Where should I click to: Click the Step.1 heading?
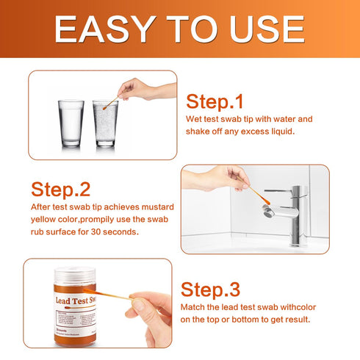[215, 101]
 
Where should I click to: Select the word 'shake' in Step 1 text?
[198, 132]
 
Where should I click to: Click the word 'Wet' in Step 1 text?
[192, 118]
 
